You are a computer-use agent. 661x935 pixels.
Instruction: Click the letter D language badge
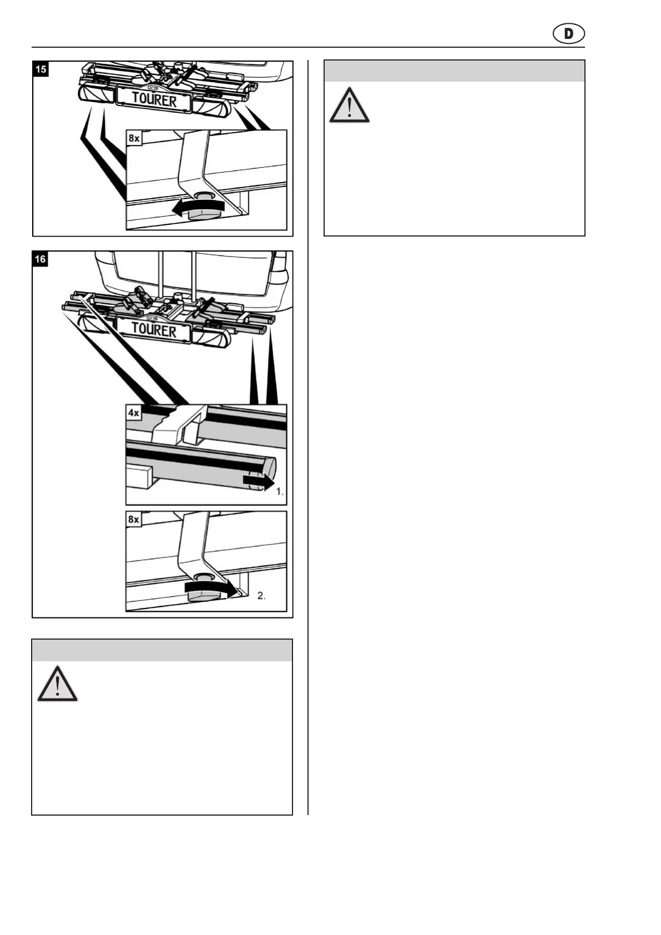tap(569, 34)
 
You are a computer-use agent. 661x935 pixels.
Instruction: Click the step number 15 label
tap(41, 69)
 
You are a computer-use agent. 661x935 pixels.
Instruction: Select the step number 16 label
tap(41, 259)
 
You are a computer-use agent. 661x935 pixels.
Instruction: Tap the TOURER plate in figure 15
tap(154, 100)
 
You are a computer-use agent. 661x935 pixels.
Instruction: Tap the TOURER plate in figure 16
tap(154, 330)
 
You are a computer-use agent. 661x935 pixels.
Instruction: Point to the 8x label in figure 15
tap(134, 138)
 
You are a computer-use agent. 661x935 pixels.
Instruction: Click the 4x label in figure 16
tap(134, 413)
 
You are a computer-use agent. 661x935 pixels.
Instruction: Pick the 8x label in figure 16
tap(134, 519)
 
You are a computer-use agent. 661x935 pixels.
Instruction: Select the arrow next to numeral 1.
tap(258, 481)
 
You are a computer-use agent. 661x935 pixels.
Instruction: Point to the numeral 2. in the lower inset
tap(261, 596)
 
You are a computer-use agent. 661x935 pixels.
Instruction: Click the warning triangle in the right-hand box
tap(349, 105)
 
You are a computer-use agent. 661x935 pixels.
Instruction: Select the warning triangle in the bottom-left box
tap(57, 684)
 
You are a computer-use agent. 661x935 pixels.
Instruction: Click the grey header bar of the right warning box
tap(454, 71)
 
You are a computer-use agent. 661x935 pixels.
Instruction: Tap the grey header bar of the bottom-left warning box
tap(162, 650)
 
